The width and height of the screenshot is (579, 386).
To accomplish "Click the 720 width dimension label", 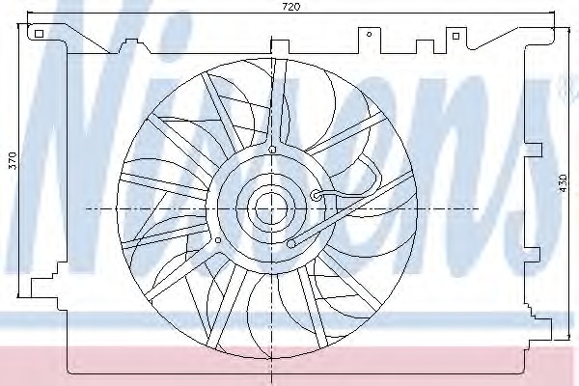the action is pyautogui.click(x=291, y=7).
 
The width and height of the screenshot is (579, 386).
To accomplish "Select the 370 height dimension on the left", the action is pyautogui.click(x=13, y=160).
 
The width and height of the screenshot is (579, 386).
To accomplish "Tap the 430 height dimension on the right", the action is pyautogui.click(x=563, y=182).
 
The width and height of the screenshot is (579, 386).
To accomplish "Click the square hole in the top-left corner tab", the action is pyautogui.click(x=39, y=34).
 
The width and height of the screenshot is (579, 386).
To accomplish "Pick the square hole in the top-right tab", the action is pyautogui.click(x=455, y=36).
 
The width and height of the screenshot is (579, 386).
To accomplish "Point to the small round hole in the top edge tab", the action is pyautogui.click(x=369, y=35).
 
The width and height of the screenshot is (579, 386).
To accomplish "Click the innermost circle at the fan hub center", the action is pyautogui.click(x=271, y=208).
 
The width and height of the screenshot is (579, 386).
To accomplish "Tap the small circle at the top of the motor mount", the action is pyautogui.click(x=272, y=150).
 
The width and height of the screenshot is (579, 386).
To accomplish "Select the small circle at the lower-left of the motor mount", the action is pyautogui.click(x=218, y=240).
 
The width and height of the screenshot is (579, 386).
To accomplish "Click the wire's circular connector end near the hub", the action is pyautogui.click(x=317, y=195).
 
